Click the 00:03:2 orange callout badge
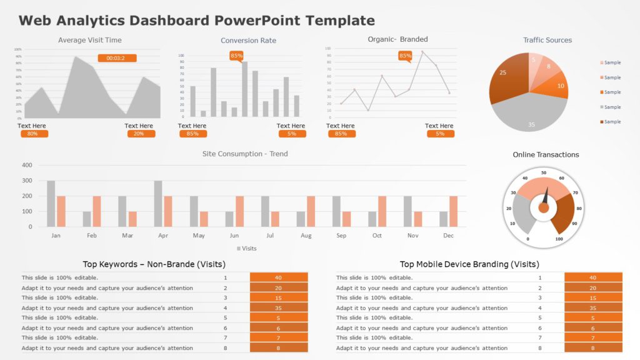pyautogui.click(x=116, y=58)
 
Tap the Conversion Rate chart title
pyautogui.click(x=248, y=41)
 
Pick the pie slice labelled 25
pyautogui.click(x=506, y=78)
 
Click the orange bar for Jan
pyautogui.click(x=61, y=211)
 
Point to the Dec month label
pyautogui.click(x=448, y=236)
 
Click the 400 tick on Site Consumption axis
pyautogui.click(x=27, y=166)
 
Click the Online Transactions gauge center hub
pyautogui.click(x=544, y=207)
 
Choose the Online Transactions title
pyautogui.click(x=546, y=155)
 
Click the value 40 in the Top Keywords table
pyautogui.click(x=279, y=277)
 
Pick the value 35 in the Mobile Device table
pyautogui.click(x=593, y=307)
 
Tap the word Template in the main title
pyautogui.click(x=341, y=21)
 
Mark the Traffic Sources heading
pyautogui.click(x=547, y=40)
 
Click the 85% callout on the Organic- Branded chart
pyautogui.click(x=406, y=56)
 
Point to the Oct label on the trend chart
pyautogui.click(x=377, y=236)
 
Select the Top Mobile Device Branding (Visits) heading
pyautogui.click(x=469, y=264)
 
